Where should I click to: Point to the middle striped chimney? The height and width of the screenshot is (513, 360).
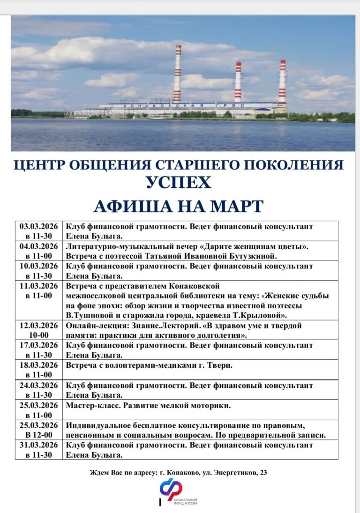click(238, 82)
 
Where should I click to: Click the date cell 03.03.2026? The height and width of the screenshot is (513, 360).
click(38, 226)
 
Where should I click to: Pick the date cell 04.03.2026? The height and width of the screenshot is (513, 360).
click(38, 246)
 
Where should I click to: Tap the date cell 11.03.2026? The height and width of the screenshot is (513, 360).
click(38, 286)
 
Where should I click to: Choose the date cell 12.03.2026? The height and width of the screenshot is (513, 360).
click(38, 326)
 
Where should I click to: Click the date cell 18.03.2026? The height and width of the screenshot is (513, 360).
click(38, 365)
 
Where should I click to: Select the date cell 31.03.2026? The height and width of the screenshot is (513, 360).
click(38, 445)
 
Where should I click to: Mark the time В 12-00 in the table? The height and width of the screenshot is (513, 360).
click(38, 435)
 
